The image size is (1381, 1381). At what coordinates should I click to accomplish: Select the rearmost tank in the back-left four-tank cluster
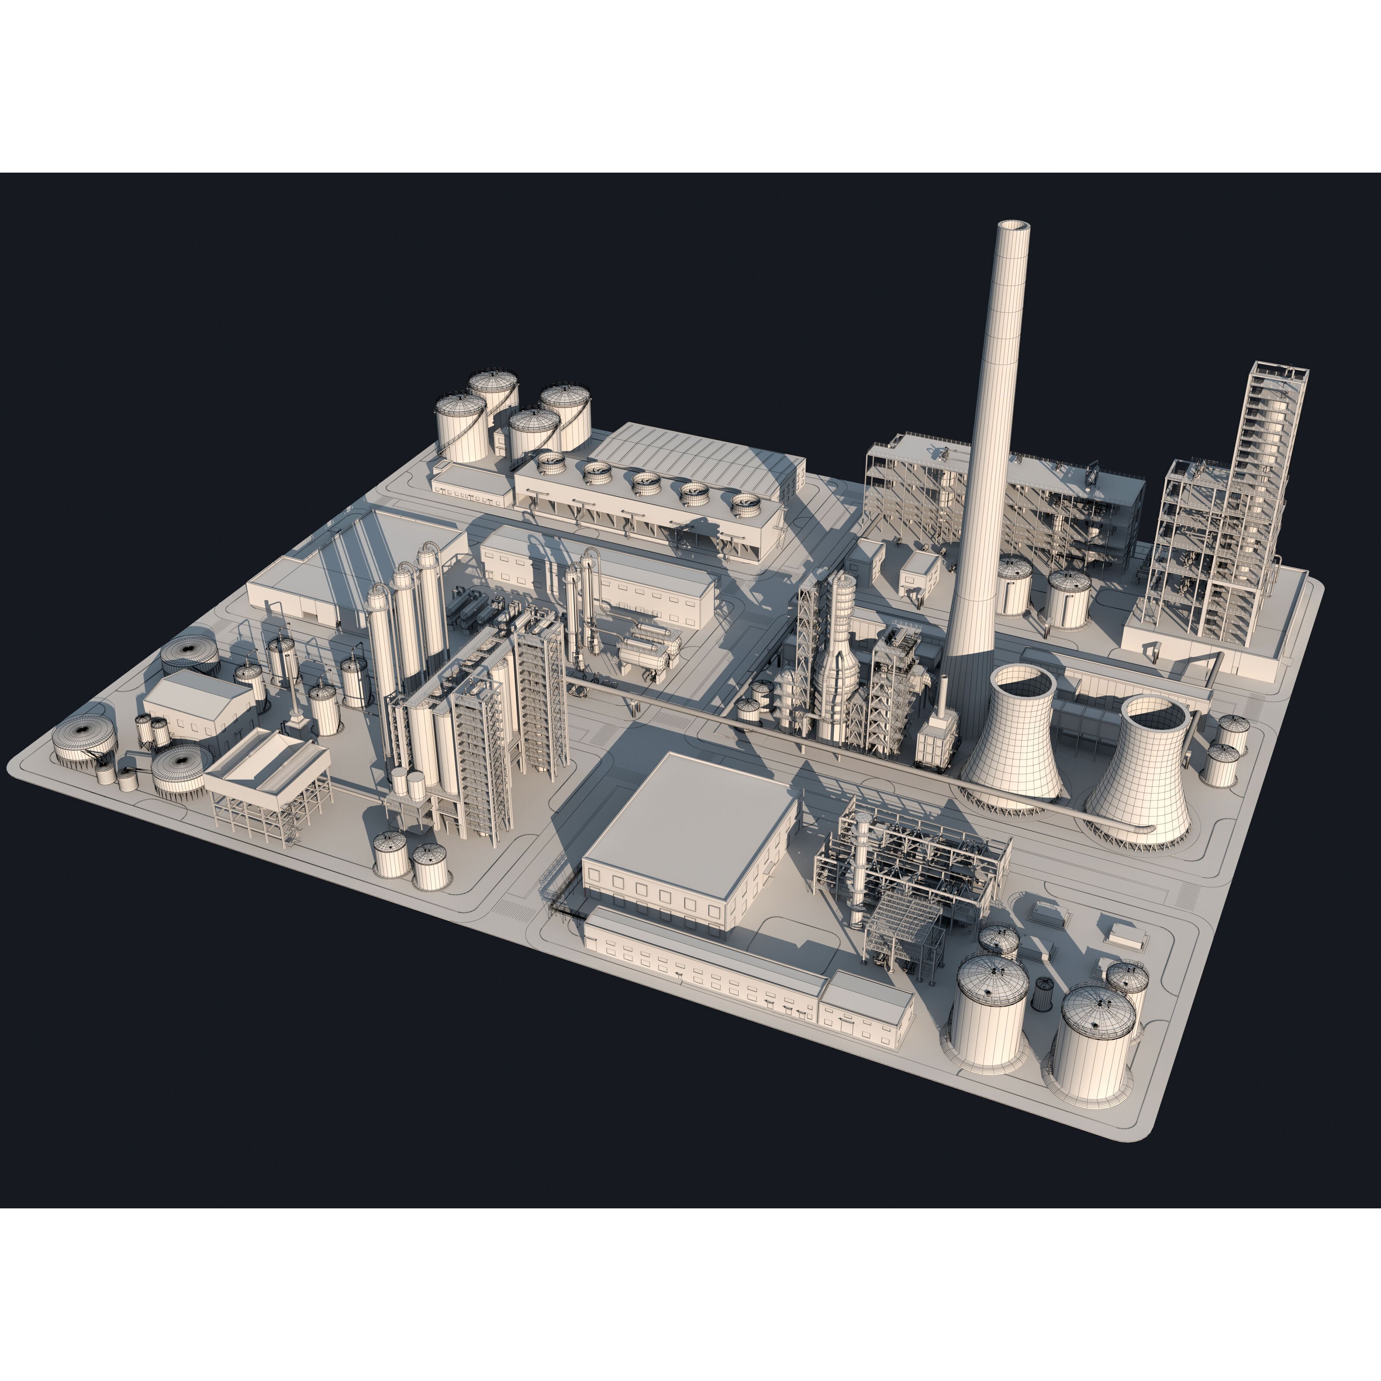click(493, 390)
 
